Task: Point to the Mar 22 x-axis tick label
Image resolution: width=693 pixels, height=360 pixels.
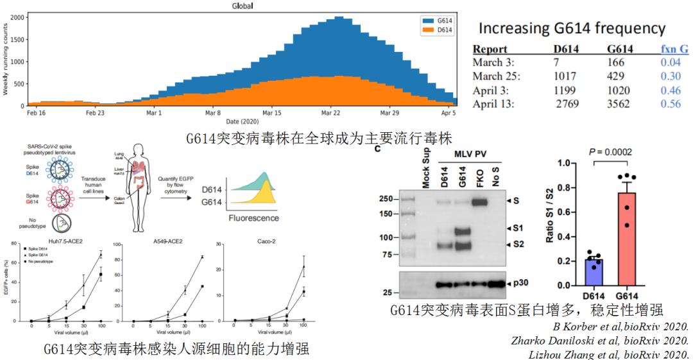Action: (x=332, y=112)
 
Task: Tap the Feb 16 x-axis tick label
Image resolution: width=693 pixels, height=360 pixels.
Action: (x=37, y=112)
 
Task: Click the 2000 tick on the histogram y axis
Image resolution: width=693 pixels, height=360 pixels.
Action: (x=17, y=18)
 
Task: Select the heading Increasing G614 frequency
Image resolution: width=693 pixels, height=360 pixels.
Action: (x=572, y=29)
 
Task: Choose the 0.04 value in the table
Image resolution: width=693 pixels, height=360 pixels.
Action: (x=671, y=62)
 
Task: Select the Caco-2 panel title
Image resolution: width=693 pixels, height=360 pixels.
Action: (x=260, y=244)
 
